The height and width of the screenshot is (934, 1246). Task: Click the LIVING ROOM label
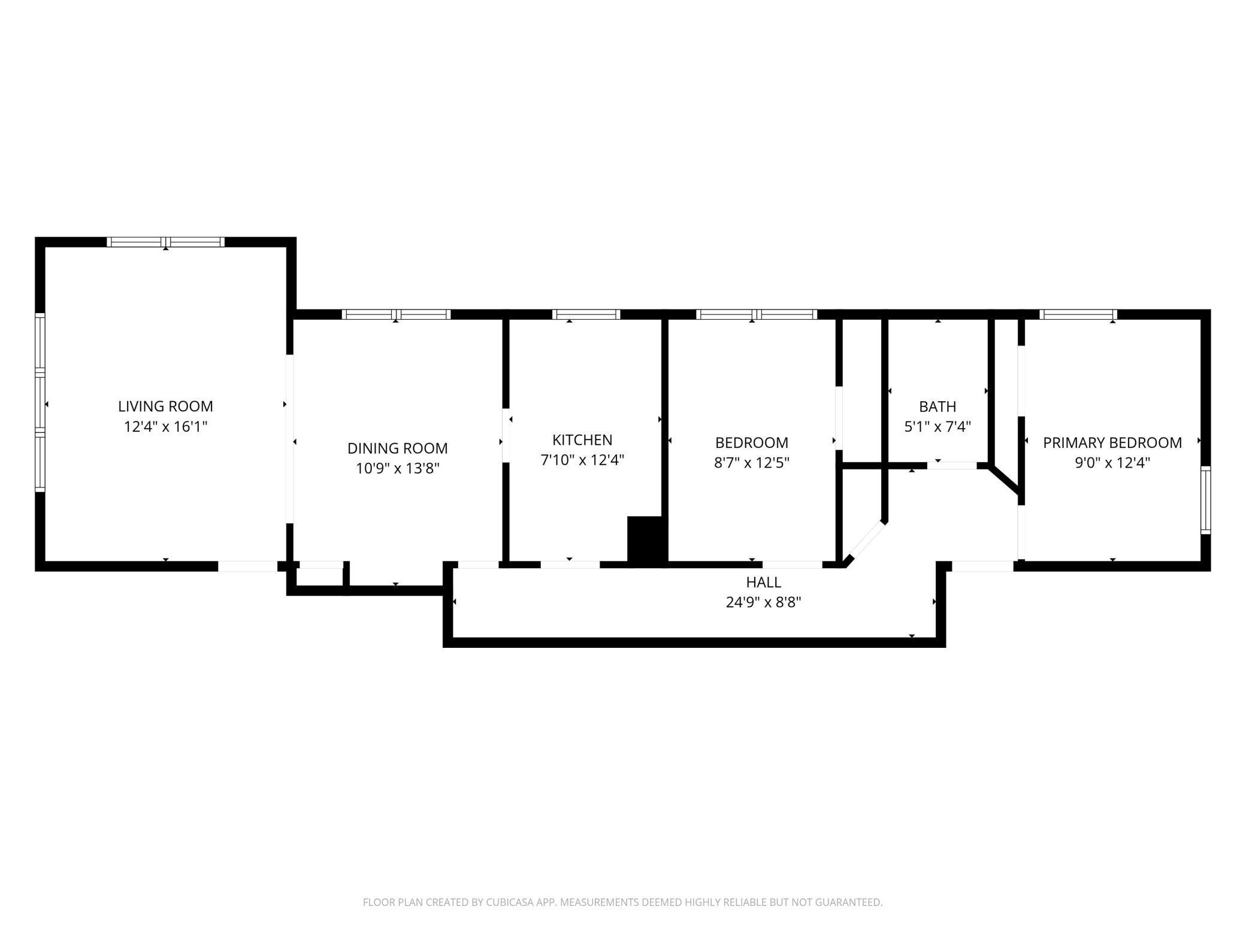165,406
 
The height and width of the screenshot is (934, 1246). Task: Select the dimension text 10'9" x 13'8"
398,468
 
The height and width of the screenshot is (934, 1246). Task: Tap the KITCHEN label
582,439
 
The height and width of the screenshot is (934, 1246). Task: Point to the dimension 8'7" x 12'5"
752,462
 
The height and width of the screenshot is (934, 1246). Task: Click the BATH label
937,407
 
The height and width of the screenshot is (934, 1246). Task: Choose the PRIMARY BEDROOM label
1112,442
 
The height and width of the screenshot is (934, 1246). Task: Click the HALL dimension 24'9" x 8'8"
763,602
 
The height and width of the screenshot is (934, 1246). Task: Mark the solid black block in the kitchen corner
647,539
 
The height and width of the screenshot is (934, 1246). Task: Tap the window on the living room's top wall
165,242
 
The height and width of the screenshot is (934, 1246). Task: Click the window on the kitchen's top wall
586,314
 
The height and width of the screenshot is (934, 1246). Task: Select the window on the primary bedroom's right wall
1206,500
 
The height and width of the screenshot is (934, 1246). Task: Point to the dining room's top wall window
396,314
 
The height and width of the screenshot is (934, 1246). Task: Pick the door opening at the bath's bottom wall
952,465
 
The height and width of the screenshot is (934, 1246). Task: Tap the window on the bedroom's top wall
756,314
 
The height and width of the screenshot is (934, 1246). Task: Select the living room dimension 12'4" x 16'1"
165,426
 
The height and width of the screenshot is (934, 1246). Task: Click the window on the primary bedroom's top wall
1078,314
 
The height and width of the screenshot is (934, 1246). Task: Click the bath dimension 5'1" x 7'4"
937,426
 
